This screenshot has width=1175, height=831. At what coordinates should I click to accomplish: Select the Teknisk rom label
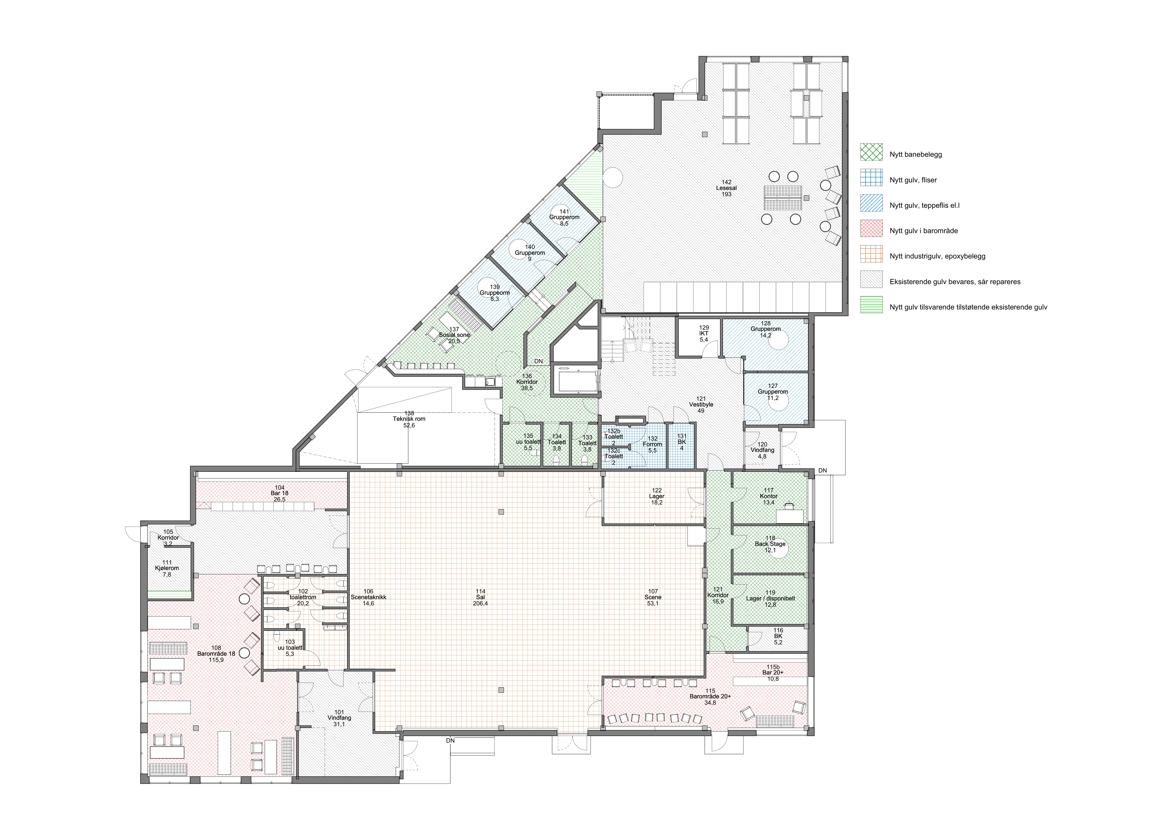[x=409, y=419]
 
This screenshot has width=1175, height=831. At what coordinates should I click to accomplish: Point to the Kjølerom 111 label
[x=167, y=568]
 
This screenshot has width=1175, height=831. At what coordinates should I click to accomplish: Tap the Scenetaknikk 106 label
[x=368, y=597]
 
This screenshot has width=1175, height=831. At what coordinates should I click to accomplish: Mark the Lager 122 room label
[x=657, y=496]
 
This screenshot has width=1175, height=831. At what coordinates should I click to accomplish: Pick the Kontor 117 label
[x=769, y=496]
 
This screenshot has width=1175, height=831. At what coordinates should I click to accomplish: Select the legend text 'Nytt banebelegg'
[x=916, y=154]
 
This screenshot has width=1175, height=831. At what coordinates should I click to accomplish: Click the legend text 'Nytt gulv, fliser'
[x=913, y=180]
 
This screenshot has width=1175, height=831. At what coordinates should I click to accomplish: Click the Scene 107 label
[x=653, y=597]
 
